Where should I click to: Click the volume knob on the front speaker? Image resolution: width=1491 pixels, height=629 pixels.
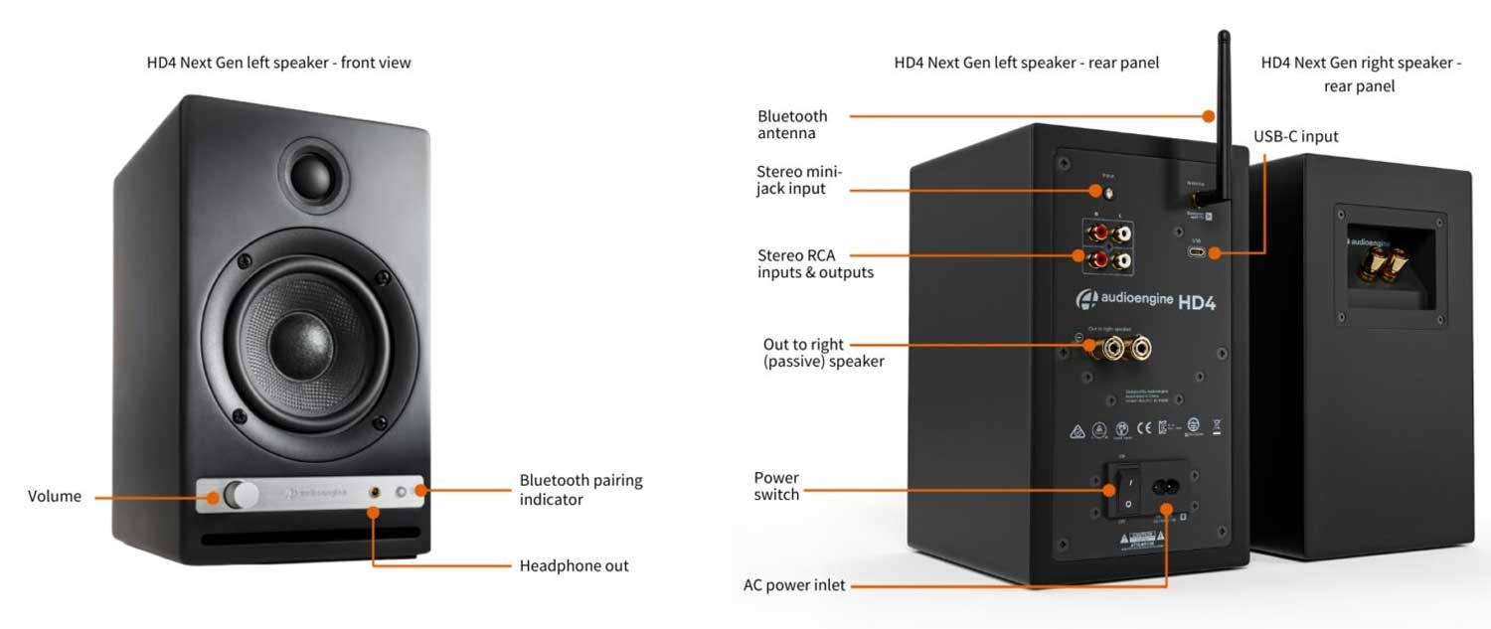coord(238,495)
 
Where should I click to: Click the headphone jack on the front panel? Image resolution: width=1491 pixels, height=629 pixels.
coord(376,492)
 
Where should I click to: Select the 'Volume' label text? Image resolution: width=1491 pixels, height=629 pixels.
coord(55,496)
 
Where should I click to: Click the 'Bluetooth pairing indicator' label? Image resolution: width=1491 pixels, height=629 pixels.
coord(580,489)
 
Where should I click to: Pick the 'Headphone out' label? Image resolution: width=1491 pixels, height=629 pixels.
coord(574,565)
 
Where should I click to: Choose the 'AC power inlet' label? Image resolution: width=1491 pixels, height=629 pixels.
coord(794,585)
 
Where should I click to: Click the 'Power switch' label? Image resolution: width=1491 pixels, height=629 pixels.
coord(776,486)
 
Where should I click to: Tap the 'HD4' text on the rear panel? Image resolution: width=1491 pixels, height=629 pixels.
coord(1197,302)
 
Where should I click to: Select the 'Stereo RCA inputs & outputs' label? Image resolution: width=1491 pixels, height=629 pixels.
coord(815,263)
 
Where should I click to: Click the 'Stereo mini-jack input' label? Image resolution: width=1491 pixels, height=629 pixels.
coord(799,180)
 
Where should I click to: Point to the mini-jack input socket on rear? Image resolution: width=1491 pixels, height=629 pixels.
coord(1100,189)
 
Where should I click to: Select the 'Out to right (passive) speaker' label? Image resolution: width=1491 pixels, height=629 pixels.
coord(823,353)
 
